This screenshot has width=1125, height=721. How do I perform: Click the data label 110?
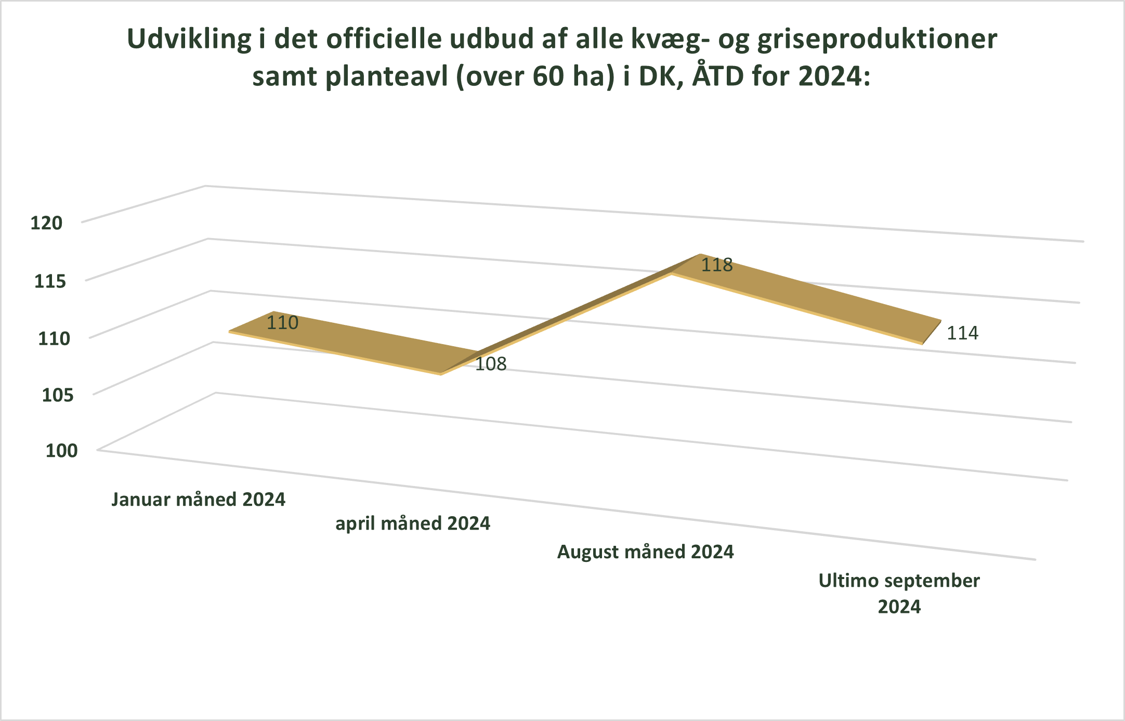point(282,323)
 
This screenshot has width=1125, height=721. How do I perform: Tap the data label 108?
point(491,364)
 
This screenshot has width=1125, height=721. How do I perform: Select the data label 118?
point(717,265)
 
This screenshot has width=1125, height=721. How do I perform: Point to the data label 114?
point(962,333)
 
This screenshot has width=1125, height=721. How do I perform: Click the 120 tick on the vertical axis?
point(46,223)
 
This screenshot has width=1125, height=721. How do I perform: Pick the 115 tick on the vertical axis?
point(50,281)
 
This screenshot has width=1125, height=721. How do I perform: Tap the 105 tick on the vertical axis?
point(58,395)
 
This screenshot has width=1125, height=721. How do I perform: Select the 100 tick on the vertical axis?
point(61,450)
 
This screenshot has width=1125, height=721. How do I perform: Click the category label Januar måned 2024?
point(198,500)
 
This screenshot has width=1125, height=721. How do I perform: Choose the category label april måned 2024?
point(413,523)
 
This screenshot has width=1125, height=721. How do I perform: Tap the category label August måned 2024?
point(645,552)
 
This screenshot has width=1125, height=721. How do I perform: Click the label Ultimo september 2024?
point(899,593)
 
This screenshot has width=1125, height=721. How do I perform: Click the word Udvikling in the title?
point(189,40)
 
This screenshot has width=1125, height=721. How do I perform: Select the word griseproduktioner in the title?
point(877,40)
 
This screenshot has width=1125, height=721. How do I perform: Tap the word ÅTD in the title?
point(718,76)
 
